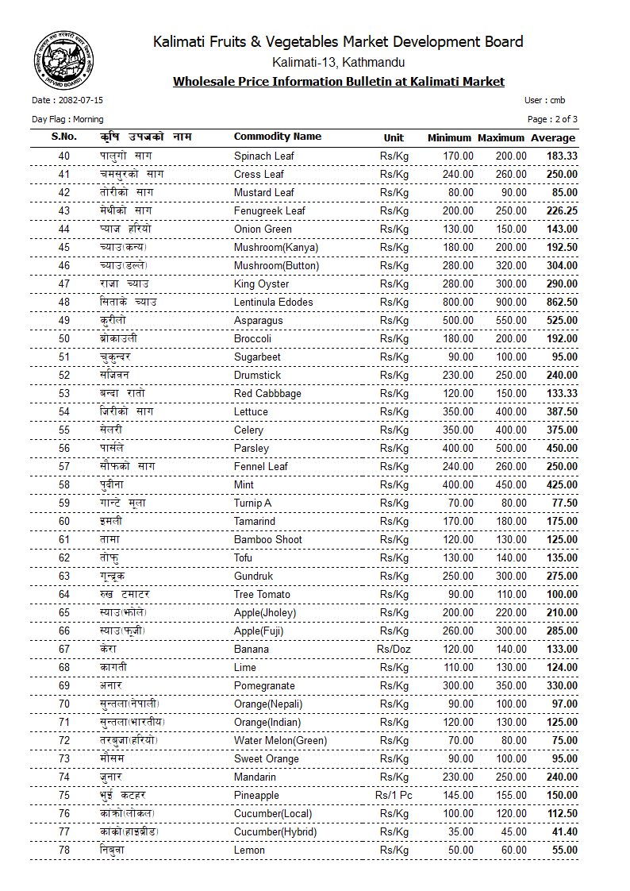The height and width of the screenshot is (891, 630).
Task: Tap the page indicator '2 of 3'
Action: tap(563, 119)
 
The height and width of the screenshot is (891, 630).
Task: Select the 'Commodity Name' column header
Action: tap(278, 137)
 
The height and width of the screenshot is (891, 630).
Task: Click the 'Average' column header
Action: tap(553, 138)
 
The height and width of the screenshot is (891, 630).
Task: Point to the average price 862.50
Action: tap(561, 303)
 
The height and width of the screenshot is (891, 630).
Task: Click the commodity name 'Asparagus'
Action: tap(259, 321)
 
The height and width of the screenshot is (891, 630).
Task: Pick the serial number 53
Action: tap(64, 394)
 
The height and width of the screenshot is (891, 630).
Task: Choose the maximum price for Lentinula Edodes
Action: tap(508, 303)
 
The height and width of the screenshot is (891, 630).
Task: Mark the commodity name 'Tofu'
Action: tap(244, 558)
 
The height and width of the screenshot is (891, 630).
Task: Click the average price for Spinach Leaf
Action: tap(561, 156)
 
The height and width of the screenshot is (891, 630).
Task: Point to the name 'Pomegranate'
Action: tap(264, 686)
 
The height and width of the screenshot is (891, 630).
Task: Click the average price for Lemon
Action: tap(564, 850)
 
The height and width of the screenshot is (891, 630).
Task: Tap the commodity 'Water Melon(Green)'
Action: tap(280, 741)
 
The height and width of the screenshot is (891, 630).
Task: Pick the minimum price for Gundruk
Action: tap(457, 577)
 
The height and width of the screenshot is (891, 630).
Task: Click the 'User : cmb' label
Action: tap(544, 101)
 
